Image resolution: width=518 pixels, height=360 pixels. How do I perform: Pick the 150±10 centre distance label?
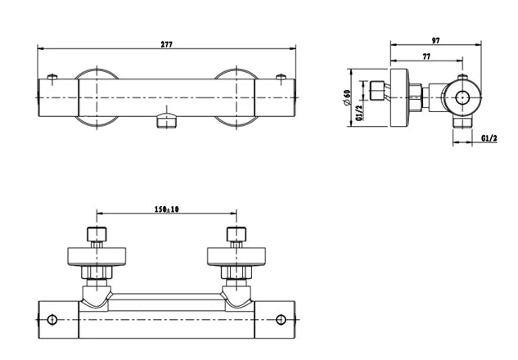(167, 210)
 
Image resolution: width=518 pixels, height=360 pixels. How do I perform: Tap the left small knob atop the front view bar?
(53, 78)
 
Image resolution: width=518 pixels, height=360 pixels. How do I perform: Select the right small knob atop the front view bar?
(281, 78)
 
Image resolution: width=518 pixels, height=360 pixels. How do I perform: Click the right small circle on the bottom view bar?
(282, 320)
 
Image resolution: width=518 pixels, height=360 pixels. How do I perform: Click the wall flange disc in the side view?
(399, 97)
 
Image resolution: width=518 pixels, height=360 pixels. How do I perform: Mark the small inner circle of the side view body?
(463, 97)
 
